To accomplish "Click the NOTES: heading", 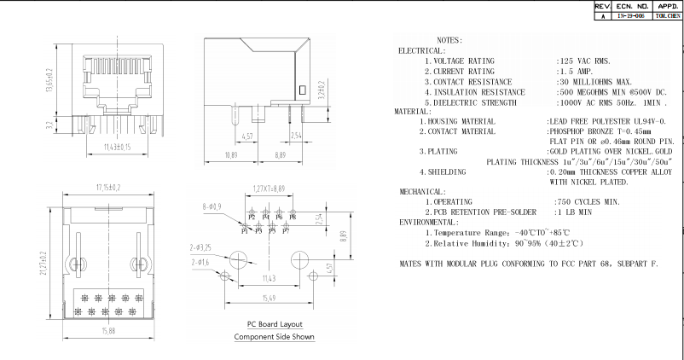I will coord(449,40).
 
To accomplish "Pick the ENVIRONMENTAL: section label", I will coord(429,222).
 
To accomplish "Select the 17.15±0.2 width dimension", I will coord(107,187).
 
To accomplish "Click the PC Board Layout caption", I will coord(275,324).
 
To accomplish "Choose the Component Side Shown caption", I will coord(275,336).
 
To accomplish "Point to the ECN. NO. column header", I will coord(629,5).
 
